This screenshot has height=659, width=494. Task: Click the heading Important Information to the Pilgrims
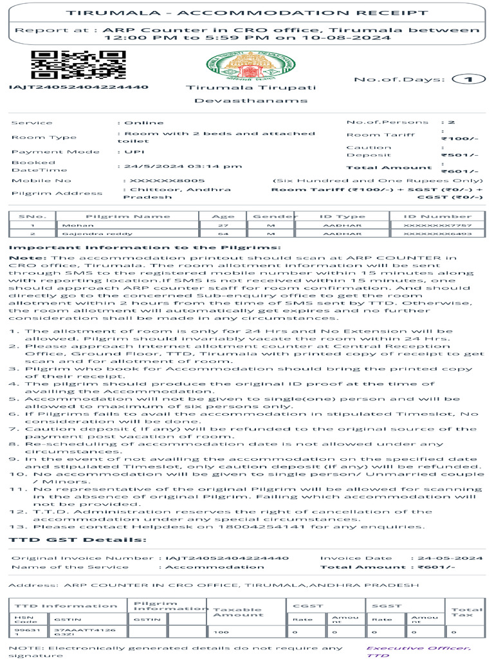pyautogui.click(x=144, y=247)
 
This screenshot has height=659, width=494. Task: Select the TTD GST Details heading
pyautogui.click(x=77, y=539)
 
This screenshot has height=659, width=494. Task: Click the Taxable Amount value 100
pyautogui.click(x=222, y=633)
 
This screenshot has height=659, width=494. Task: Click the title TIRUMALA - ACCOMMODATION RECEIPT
pyautogui.click(x=247, y=13)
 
